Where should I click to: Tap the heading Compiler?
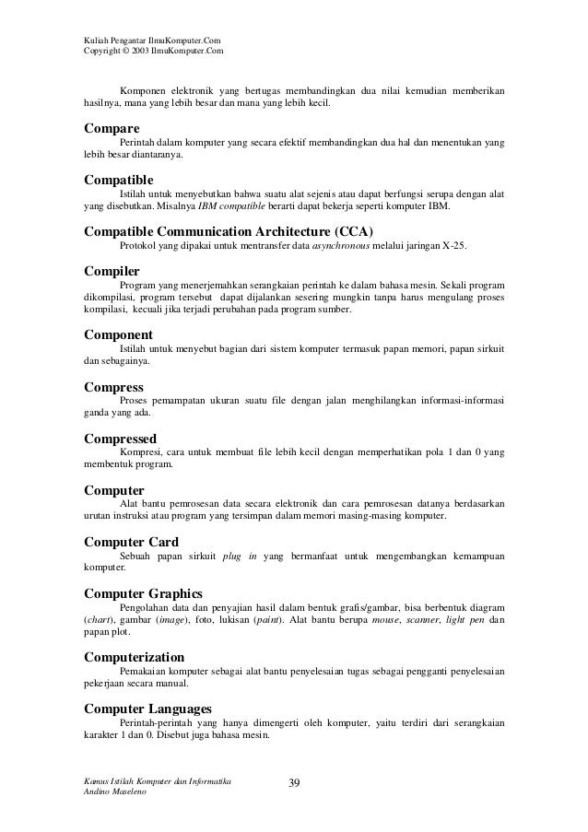click(112, 272)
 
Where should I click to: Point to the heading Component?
click(118, 334)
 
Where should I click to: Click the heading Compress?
click(114, 388)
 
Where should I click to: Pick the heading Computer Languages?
click(147, 709)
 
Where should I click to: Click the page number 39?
click(294, 783)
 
